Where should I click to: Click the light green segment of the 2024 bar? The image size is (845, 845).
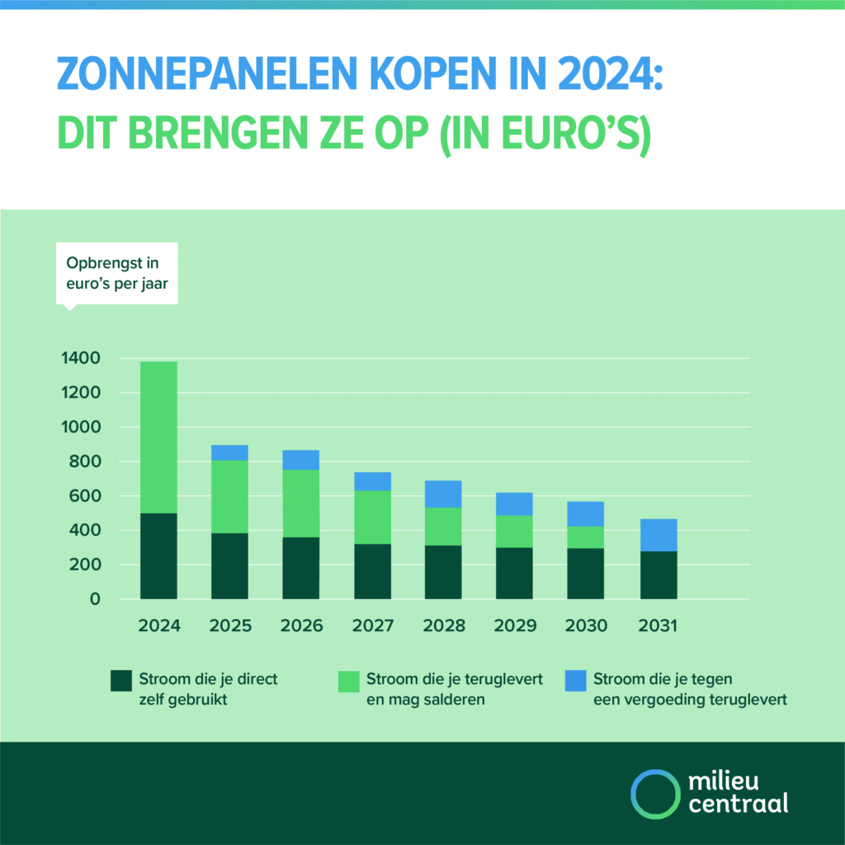(158, 437)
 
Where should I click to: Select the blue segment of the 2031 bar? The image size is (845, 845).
(659, 535)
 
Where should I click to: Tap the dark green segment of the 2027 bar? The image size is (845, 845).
(372, 571)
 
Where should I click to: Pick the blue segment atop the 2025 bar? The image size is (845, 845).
(229, 452)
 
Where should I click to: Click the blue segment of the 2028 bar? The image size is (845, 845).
(444, 493)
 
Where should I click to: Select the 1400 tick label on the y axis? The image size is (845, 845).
(80, 358)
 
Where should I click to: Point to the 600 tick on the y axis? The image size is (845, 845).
(85, 496)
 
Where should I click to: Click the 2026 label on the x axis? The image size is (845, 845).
(301, 626)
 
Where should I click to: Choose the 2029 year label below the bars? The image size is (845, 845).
(515, 626)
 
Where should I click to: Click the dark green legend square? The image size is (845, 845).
(120, 681)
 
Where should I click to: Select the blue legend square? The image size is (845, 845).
(576, 681)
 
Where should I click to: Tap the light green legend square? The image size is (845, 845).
(349, 681)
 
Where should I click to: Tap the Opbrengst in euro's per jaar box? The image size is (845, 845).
(116, 272)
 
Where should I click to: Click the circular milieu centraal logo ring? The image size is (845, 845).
(654, 793)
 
